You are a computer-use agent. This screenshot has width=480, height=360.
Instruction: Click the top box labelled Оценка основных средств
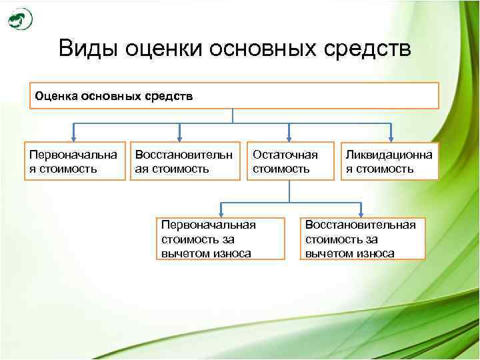(233, 96)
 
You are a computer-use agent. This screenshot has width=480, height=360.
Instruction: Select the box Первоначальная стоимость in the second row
(75, 161)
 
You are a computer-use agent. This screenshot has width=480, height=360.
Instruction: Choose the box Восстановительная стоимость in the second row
(184, 161)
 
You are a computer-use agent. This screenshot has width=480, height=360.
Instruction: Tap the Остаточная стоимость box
(289, 161)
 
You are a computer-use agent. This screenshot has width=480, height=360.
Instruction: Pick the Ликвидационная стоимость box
(389, 161)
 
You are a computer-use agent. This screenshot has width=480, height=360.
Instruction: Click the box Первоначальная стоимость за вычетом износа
(220, 238)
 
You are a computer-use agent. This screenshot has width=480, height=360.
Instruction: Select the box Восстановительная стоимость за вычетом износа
(361, 238)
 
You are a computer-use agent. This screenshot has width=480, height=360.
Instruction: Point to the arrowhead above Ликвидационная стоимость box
(389, 137)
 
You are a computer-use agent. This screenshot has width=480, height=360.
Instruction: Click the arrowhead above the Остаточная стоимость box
(289, 137)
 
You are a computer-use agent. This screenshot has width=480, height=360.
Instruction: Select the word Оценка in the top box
(56, 96)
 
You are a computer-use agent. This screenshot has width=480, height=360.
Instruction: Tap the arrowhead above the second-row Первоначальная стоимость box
(74, 137)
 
